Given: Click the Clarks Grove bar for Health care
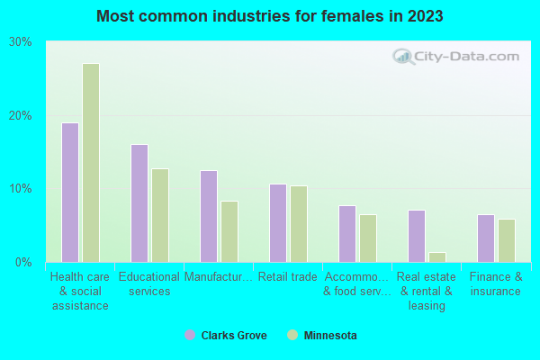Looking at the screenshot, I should [69, 193].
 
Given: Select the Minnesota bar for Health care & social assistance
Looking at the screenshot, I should [91, 163].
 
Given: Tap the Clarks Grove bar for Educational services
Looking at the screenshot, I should [139, 203].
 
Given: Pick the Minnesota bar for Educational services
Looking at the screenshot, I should [160, 215].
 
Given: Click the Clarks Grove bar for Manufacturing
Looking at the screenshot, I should [208, 216].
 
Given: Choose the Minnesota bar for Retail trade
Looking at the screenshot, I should [299, 224].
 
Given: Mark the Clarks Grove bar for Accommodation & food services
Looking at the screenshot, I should [346, 234].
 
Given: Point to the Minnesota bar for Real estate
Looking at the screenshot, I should [437, 257].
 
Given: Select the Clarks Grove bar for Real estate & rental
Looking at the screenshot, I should [416, 236].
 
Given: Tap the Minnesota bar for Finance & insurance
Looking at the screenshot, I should [507, 240].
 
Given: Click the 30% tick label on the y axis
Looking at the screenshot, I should [21, 42].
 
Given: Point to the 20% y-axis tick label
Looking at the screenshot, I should [21, 116].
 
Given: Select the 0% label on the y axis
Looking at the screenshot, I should [24, 263].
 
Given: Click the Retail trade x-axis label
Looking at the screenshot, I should [287, 277].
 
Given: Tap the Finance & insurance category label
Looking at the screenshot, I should [495, 284].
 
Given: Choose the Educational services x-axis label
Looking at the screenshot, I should [148, 284].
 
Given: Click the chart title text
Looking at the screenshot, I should [269, 16].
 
